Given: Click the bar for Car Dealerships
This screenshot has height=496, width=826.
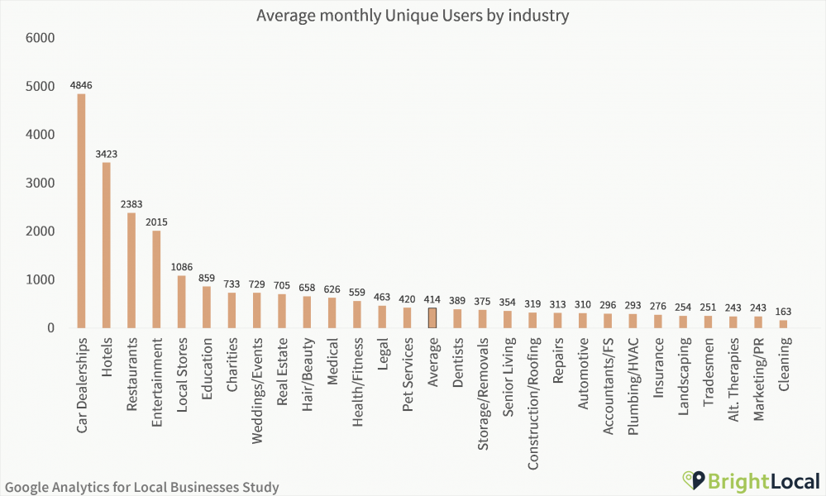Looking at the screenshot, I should [81, 211].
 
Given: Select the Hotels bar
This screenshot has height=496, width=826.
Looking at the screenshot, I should [106, 246].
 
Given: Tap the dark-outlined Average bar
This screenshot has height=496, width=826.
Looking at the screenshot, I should [432, 318].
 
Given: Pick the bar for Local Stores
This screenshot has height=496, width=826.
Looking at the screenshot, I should [181, 302].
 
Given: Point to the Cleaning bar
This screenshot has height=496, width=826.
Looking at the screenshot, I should [783, 324].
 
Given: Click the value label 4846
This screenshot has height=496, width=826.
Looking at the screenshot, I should [81, 85].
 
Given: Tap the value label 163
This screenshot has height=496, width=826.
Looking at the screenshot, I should [783, 312].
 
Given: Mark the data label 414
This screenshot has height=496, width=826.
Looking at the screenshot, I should [432, 300].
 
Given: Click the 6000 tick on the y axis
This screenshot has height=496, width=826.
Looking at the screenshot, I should [40, 38].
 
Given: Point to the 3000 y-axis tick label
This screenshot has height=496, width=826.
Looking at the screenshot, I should [40, 183].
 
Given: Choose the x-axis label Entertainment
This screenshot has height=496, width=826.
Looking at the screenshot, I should [156, 381].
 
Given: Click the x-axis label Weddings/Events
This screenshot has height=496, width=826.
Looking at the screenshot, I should [256, 389].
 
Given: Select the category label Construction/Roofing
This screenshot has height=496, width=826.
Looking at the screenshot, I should [532, 403].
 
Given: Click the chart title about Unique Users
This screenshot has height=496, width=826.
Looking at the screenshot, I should [413, 16].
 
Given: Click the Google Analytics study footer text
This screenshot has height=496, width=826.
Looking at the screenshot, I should [141, 487].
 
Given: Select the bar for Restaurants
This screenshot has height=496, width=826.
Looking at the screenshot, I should [131, 270].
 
